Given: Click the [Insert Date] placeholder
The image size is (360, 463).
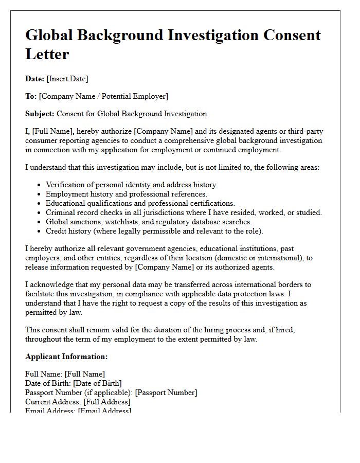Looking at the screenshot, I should (67, 79).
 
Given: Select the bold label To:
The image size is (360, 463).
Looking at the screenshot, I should (31, 96).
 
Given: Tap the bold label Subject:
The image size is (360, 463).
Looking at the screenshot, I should (40, 114).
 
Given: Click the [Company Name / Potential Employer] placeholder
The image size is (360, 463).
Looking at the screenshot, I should (103, 96).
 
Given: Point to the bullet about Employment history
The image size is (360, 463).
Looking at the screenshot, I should (126, 194).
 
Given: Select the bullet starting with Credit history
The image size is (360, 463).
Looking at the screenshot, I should (154, 231).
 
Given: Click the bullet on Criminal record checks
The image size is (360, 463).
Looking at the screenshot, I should (184, 212).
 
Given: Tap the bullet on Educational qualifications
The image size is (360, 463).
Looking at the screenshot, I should (140, 203).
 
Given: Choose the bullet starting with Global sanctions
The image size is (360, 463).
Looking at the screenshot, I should (149, 222).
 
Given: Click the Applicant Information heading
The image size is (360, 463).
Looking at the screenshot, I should (66, 357).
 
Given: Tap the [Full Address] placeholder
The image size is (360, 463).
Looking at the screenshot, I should (107, 401).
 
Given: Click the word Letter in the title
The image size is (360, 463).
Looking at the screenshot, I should (47, 54).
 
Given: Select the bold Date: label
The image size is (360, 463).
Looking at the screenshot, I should (35, 79).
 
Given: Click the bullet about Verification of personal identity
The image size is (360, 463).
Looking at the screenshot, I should (132, 185).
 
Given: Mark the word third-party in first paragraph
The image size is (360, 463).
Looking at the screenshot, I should (304, 131).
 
